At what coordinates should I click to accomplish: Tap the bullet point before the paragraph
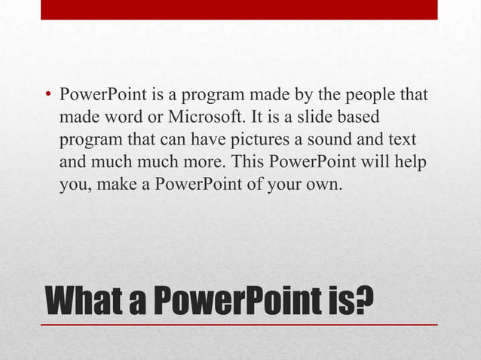(47, 96)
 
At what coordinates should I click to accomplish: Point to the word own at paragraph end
(328, 183)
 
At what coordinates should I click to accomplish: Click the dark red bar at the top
(239, 9)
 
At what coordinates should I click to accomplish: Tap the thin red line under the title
(239, 324)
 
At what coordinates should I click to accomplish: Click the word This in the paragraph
(249, 161)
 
